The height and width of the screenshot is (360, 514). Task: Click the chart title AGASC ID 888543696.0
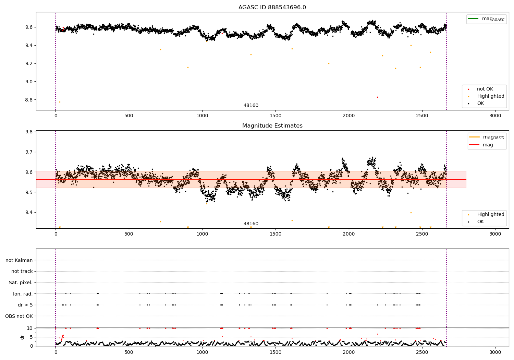272,8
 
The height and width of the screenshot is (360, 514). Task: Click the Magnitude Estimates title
272,126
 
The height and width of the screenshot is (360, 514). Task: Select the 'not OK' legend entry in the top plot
485,89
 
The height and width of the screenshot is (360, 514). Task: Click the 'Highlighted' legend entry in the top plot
490,96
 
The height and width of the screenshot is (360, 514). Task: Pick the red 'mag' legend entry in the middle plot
488,145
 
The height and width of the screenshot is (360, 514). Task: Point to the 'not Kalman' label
19,260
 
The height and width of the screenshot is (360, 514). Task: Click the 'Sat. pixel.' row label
21,283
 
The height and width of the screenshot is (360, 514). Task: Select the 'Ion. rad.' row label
23,294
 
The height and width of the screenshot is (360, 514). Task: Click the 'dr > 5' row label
25,305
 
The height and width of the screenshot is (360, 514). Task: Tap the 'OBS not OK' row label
19,316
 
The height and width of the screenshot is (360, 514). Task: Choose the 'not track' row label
22,272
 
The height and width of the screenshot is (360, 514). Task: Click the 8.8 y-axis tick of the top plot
28,100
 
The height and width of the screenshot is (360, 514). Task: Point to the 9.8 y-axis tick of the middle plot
28,132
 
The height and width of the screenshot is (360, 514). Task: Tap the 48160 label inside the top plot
251,106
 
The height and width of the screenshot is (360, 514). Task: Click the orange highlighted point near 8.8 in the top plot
60,102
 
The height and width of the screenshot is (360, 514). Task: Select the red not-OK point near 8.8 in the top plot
377,97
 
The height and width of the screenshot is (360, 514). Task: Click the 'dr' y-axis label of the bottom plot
22,337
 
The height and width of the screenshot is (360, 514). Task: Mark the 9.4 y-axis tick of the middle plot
28,213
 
